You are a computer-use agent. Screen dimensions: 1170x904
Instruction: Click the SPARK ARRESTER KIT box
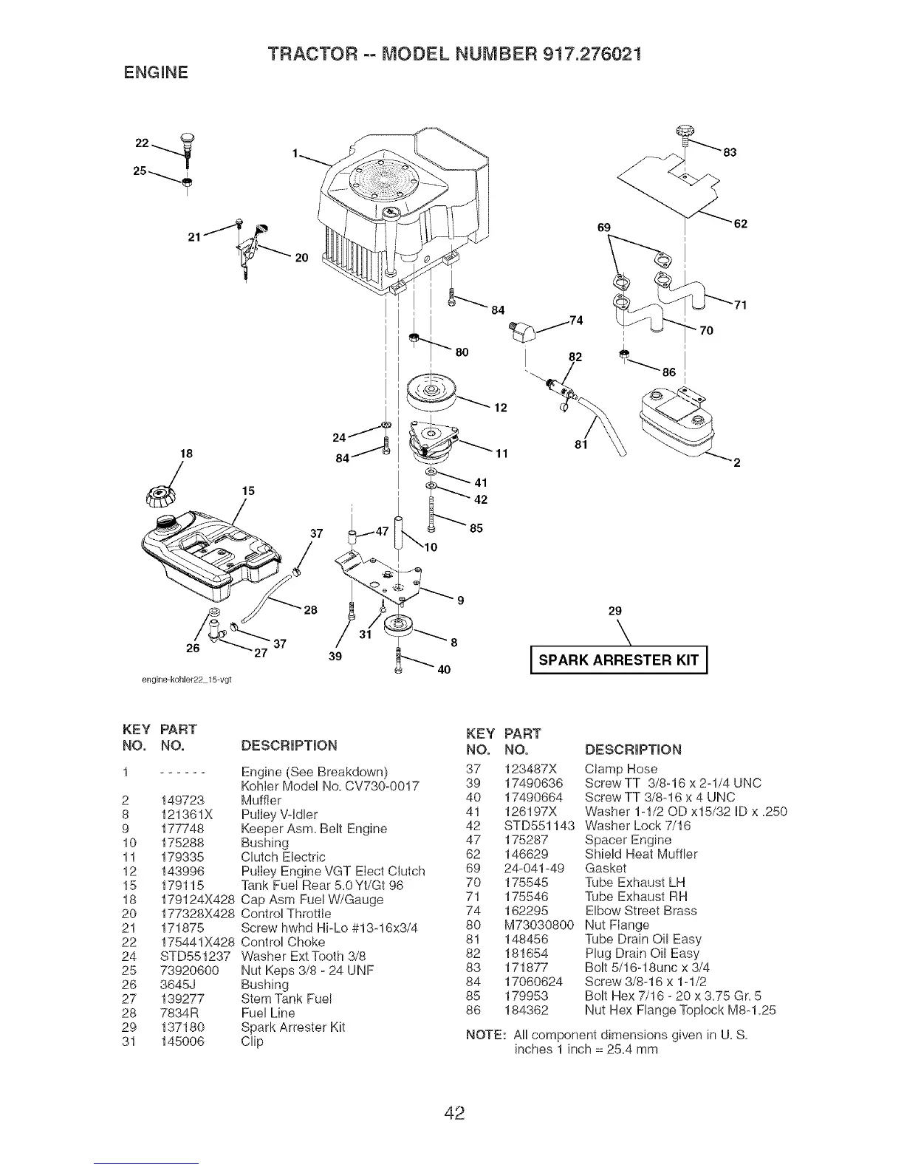619,660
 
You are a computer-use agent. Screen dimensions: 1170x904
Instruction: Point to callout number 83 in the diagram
730,154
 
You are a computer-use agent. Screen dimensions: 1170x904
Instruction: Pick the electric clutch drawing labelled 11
436,442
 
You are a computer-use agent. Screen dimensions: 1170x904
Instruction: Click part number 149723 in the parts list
182,800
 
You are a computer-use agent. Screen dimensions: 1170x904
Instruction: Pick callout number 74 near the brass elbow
575,319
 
